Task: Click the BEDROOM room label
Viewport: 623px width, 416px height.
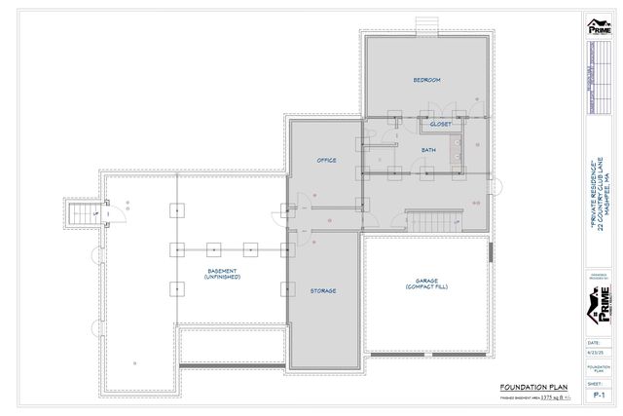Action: (426, 79)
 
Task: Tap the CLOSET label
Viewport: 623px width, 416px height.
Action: (441, 125)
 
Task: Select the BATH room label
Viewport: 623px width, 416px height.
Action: (428, 149)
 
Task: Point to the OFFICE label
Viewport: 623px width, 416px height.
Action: (326, 159)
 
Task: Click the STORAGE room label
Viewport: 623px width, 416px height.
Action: (324, 289)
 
